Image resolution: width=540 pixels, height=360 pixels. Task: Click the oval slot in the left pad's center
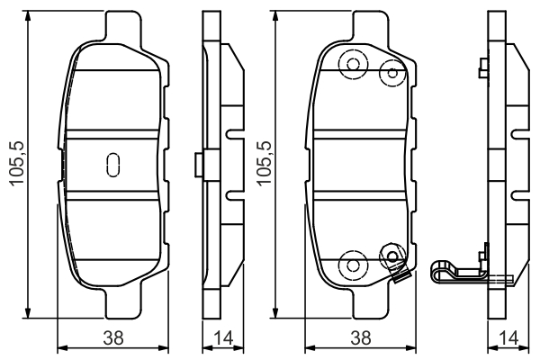[x=113, y=165]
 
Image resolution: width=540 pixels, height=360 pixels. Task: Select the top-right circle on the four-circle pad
[x=391, y=71]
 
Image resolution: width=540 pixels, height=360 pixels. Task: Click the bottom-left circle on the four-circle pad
[x=351, y=263]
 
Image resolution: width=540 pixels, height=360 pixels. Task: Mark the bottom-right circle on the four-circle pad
[x=391, y=256]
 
